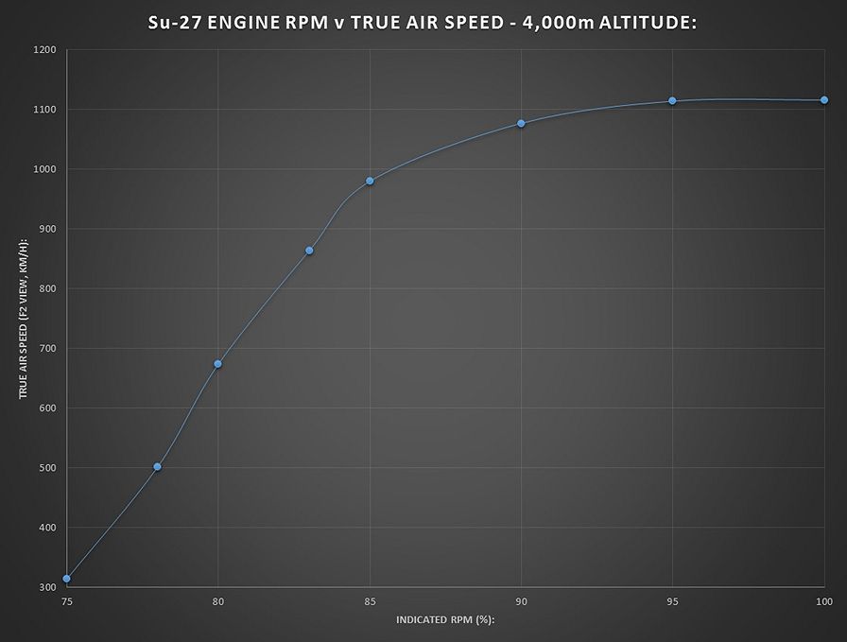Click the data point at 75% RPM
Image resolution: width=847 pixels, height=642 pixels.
click(66, 579)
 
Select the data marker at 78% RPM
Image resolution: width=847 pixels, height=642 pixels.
click(157, 467)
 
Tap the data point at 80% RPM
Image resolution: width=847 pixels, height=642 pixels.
click(217, 364)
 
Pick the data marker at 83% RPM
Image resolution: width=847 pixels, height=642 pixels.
click(309, 251)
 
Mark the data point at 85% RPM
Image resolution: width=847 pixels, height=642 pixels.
click(370, 181)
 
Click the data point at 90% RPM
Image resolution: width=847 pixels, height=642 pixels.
click(521, 124)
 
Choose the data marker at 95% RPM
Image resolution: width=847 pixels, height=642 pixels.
click(672, 101)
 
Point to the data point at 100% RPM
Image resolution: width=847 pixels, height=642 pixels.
click(824, 100)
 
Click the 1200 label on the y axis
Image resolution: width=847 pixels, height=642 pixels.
click(43, 50)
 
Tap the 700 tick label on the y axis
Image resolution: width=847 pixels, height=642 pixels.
click(46, 349)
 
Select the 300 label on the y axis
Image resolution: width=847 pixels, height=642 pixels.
click(46, 587)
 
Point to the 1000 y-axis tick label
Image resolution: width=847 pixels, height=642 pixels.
click(43, 169)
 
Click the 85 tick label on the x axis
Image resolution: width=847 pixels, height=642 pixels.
click(370, 600)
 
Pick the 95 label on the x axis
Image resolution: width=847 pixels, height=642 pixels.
click(672, 600)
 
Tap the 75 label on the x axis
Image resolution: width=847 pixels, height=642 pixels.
click(66, 600)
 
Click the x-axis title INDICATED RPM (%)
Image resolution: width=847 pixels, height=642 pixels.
click(444, 620)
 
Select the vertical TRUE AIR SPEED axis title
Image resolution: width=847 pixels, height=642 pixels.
click(23, 318)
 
